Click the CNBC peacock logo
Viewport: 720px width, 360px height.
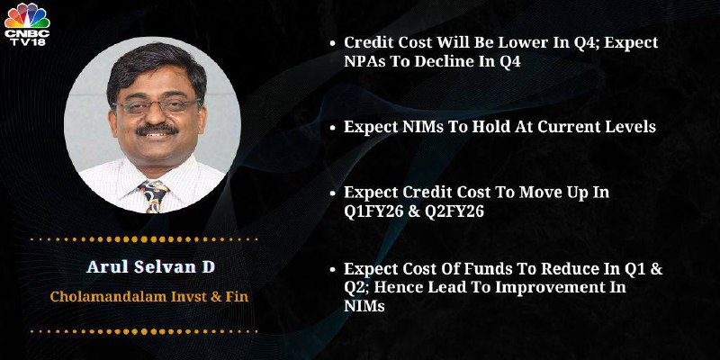coord(27,15)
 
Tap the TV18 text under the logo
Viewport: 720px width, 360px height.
coord(27,40)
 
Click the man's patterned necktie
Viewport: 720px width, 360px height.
coord(153,195)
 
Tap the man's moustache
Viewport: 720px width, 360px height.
coord(157,130)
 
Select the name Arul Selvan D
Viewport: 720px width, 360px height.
coord(150,267)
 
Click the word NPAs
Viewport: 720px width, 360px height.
coord(365,62)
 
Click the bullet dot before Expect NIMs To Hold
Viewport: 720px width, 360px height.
coord(333,128)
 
